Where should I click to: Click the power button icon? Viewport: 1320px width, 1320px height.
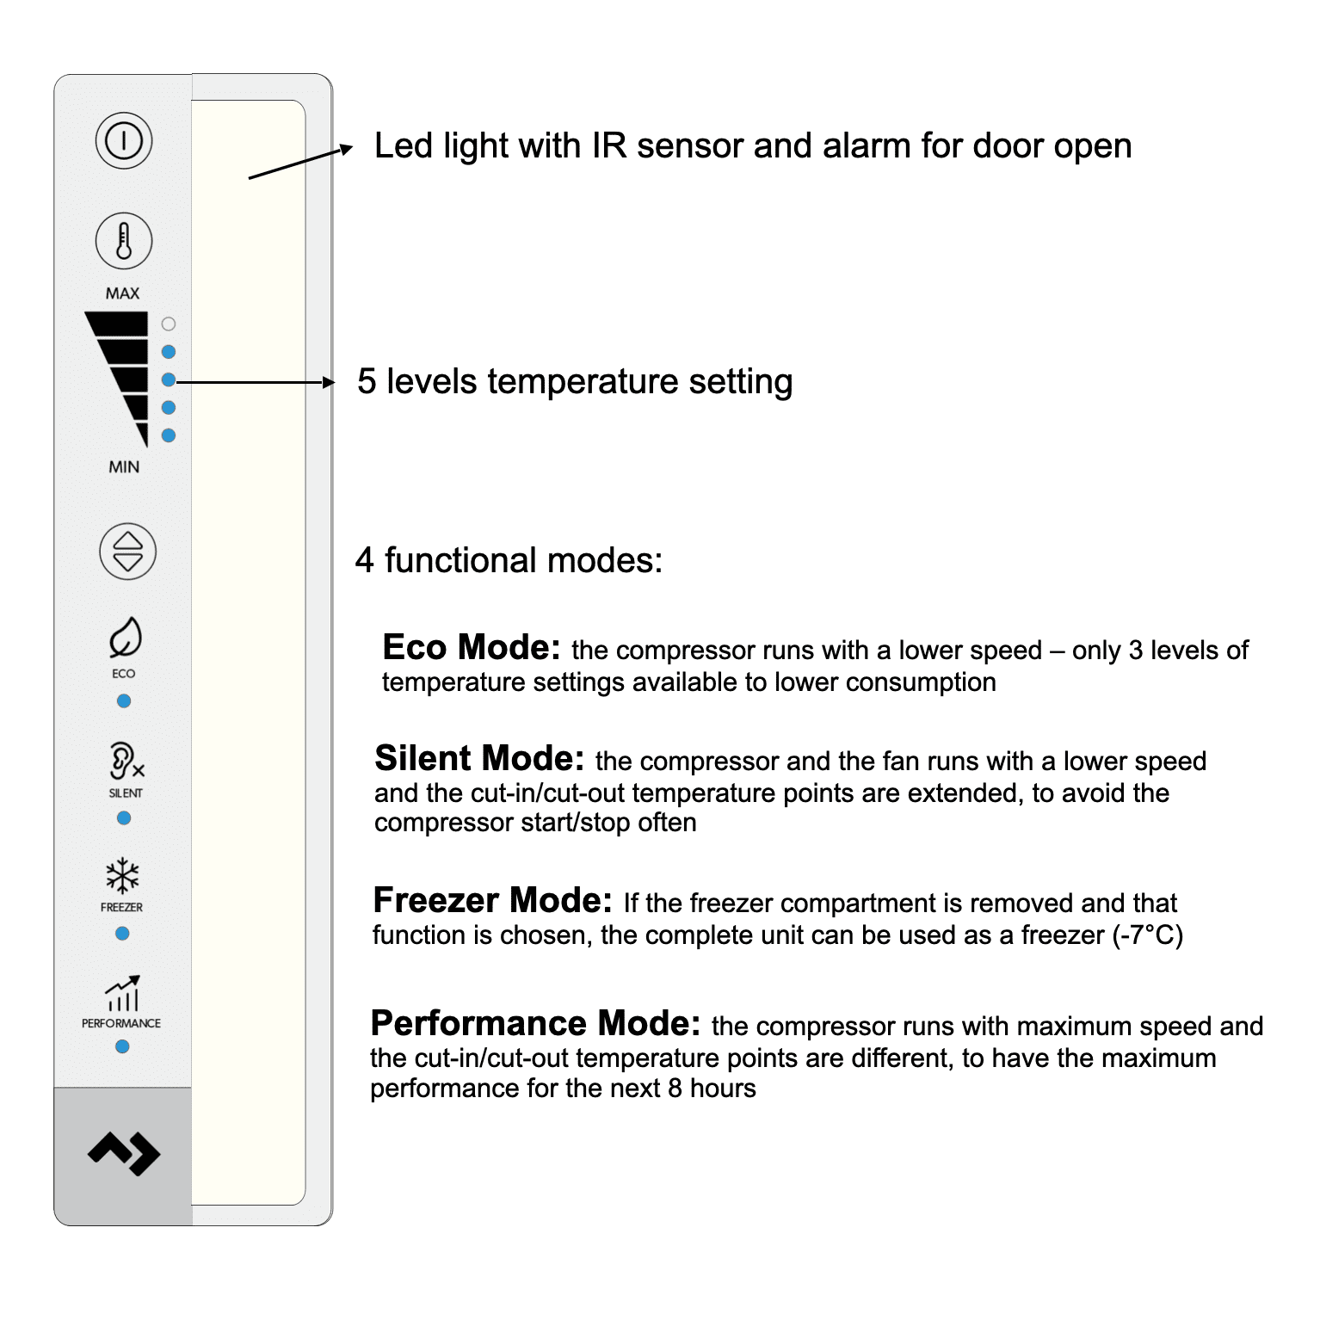[124, 140]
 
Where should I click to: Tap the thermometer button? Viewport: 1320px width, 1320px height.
[124, 241]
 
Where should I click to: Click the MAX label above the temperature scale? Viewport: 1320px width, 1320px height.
[122, 293]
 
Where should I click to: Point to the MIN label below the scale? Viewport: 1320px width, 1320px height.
[124, 467]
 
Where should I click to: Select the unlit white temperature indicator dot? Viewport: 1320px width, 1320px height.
[169, 324]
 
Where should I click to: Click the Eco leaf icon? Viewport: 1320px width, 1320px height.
[125, 637]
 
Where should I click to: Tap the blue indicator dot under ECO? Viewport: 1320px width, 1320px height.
[124, 701]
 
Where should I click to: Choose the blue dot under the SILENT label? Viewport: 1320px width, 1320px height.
[124, 818]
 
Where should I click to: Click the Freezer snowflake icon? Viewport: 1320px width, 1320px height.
[122, 876]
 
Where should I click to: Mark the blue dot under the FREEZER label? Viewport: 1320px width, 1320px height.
[122, 934]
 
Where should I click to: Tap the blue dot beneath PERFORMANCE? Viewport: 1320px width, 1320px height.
[122, 1046]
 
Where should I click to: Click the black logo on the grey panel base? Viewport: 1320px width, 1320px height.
[124, 1153]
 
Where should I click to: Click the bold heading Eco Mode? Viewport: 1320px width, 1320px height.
[471, 647]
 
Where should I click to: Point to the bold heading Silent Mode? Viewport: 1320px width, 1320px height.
[479, 758]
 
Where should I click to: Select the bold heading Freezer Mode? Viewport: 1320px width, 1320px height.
[492, 900]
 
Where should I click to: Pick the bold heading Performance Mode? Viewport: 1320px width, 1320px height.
[535, 1023]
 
